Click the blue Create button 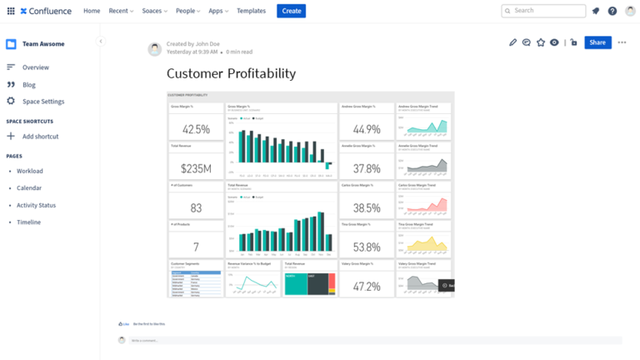291,11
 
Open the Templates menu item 251,11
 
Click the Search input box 543,11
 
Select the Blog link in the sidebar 29,84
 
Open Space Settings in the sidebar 42,102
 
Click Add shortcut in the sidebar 40,136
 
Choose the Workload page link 30,171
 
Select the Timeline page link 28,222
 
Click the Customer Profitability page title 231,73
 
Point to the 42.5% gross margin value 196,129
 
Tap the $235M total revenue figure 196,168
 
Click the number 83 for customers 196,208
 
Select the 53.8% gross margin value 367,247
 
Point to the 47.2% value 367,287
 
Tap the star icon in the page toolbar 540,42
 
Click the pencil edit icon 512,42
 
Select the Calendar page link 29,188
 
